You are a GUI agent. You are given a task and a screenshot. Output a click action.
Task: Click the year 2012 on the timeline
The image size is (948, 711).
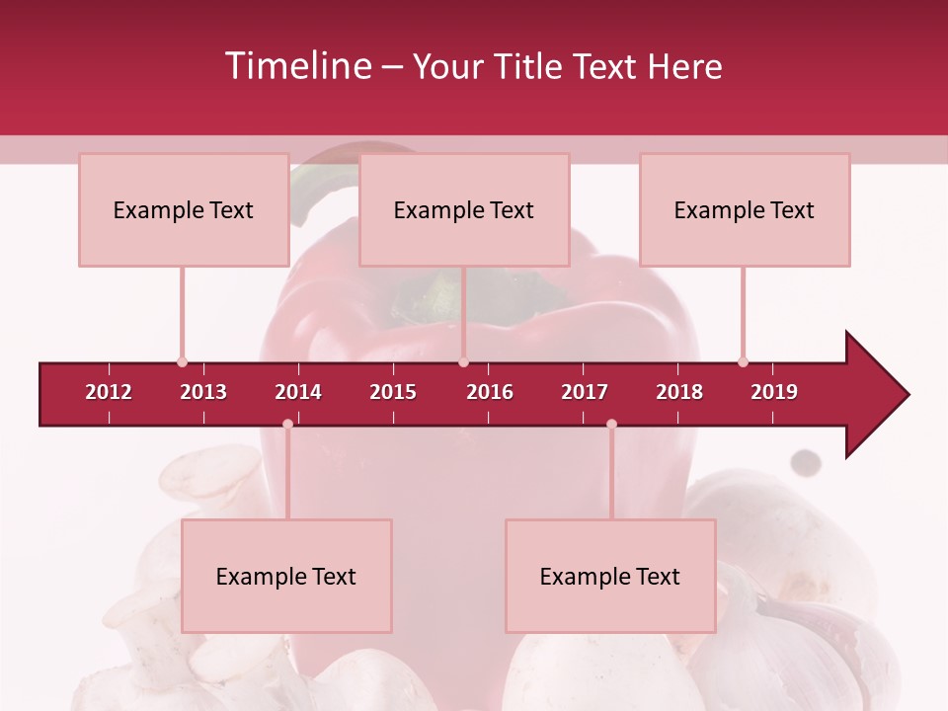[x=109, y=392]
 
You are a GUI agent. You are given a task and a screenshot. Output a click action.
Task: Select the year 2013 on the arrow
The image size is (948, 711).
[x=203, y=392]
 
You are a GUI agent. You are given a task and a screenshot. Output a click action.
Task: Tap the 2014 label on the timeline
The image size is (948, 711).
[x=298, y=392]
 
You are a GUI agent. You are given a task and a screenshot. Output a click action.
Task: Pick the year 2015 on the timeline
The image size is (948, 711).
[x=393, y=392]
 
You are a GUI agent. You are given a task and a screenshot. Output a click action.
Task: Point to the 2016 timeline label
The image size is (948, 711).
[x=490, y=392]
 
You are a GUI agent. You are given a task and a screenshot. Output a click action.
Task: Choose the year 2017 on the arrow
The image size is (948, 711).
[x=585, y=392]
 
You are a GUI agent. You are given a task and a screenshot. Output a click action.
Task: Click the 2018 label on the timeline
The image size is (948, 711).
[x=679, y=392]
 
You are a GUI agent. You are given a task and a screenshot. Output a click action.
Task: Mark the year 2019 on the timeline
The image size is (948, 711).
[x=774, y=392]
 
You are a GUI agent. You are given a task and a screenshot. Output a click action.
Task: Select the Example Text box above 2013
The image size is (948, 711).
[x=184, y=209]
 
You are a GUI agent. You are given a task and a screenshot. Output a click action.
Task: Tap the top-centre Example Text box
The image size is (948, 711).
[x=464, y=209]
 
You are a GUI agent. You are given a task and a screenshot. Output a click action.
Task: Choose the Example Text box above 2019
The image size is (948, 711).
[x=745, y=209]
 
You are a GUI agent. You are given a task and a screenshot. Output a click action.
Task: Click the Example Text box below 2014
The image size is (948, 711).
[x=286, y=576]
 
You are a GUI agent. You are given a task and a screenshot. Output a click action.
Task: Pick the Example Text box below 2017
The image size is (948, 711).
[x=610, y=576]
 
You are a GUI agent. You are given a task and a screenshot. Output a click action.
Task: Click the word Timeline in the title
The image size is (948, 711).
[x=295, y=66]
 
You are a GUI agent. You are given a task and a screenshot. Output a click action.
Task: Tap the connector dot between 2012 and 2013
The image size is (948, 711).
[x=182, y=361]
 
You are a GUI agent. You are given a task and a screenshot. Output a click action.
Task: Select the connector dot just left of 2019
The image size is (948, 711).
[x=743, y=361]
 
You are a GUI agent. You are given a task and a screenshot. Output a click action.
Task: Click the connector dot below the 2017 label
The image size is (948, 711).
[x=611, y=425]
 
